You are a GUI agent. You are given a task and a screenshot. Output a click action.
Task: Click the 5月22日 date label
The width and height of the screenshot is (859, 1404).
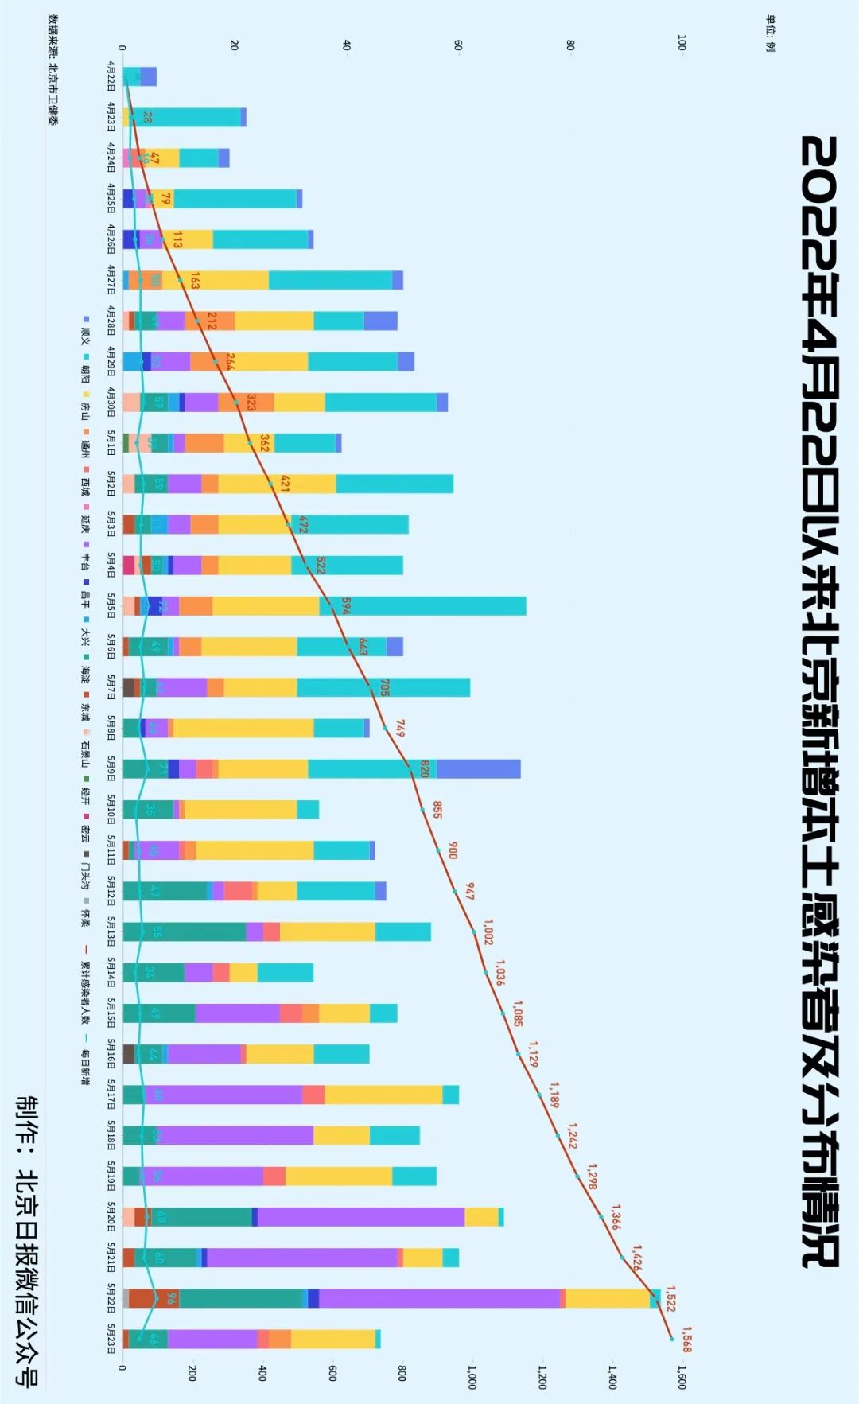pos(111,1298)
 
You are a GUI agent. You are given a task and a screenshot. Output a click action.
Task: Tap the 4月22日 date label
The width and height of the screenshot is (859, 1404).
pos(111,76)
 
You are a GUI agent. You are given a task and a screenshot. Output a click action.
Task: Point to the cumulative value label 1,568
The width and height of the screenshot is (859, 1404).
pos(686,1339)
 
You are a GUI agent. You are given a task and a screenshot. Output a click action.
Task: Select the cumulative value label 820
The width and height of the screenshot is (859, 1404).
pos(425,768)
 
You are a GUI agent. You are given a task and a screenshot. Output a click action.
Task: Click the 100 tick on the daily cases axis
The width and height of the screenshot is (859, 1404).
pos(682,42)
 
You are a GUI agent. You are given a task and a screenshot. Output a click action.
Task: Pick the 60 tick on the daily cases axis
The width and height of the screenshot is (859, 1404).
pos(458,45)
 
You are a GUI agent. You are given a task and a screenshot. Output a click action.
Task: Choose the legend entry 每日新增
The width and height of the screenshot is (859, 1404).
pos(85,1061)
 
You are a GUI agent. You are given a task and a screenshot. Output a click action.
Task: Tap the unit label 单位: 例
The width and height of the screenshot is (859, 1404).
pos(770,33)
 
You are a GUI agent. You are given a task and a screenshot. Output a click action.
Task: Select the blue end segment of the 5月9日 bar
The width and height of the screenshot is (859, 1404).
pos(478,768)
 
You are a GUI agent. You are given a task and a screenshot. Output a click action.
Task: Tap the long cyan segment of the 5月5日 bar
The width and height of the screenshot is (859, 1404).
pos(422,605)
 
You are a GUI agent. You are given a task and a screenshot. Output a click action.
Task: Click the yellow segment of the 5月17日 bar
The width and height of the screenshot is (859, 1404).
pos(383,1095)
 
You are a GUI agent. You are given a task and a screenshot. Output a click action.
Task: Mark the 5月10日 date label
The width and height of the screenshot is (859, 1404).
pos(111,810)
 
